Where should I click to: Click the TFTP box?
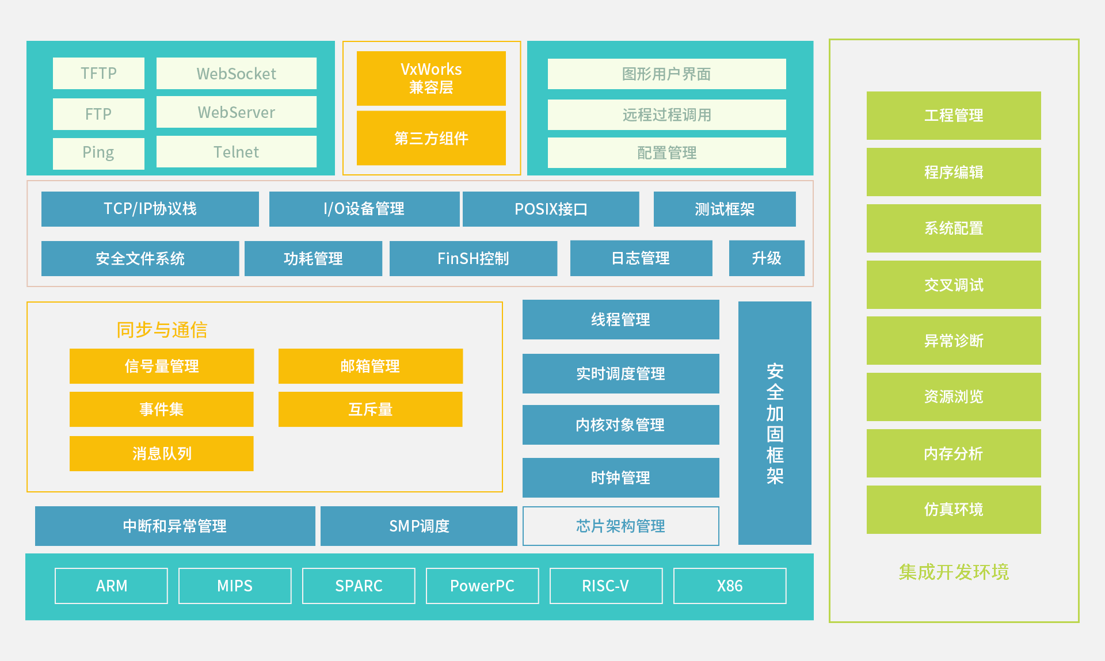click(x=98, y=73)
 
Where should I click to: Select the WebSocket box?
click(x=237, y=73)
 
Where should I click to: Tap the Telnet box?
click(x=237, y=152)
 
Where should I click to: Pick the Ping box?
click(x=98, y=153)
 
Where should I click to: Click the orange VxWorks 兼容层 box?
click(x=431, y=78)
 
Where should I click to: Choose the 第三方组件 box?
click(x=431, y=138)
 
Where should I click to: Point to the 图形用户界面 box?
click(x=666, y=74)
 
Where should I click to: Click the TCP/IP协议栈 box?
click(x=150, y=209)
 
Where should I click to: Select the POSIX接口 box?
click(x=551, y=209)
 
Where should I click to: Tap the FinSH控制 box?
click(x=473, y=258)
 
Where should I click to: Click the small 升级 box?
click(x=767, y=258)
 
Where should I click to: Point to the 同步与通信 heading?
click(x=162, y=330)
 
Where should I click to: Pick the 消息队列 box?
click(x=162, y=453)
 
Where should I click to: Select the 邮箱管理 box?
click(x=371, y=366)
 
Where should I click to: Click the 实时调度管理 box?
click(x=621, y=373)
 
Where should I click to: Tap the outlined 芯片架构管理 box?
click(x=621, y=526)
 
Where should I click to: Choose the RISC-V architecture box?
click(x=606, y=586)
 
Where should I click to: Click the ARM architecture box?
click(x=111, y=586)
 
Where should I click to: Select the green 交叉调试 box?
click(x=954, y=285)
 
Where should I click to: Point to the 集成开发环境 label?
click(x=954, y=572)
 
